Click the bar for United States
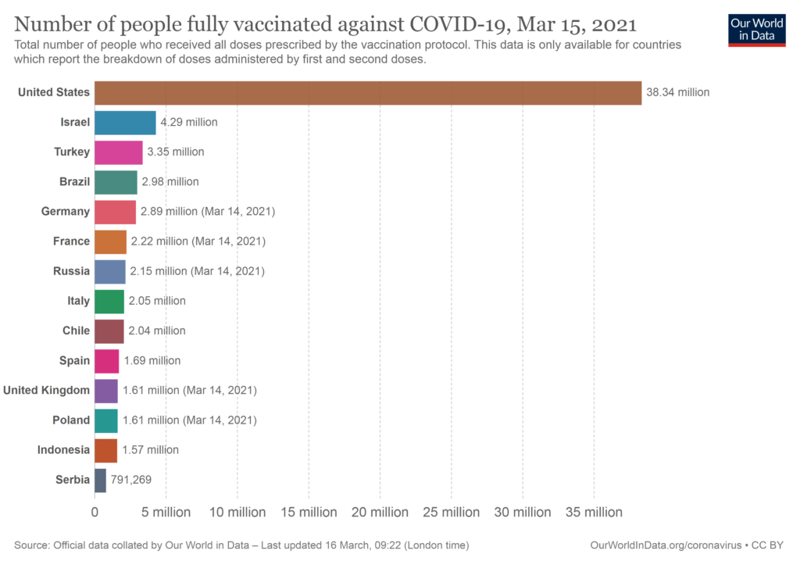(367, 92)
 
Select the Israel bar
(125, 122)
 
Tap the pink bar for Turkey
(119, 152)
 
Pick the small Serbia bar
(100, 480)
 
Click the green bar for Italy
(109, 301)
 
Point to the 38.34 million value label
(677, 92)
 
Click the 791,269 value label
(131, 480)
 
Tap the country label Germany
(66, 212)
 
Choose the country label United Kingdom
(47, 390)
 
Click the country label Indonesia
(63, 449)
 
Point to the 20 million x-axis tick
(380, 513)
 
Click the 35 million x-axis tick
(594, 513)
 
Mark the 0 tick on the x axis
(95, 513)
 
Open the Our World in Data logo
(756, 30)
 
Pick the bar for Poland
(106, 420)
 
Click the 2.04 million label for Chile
(157, 331)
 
